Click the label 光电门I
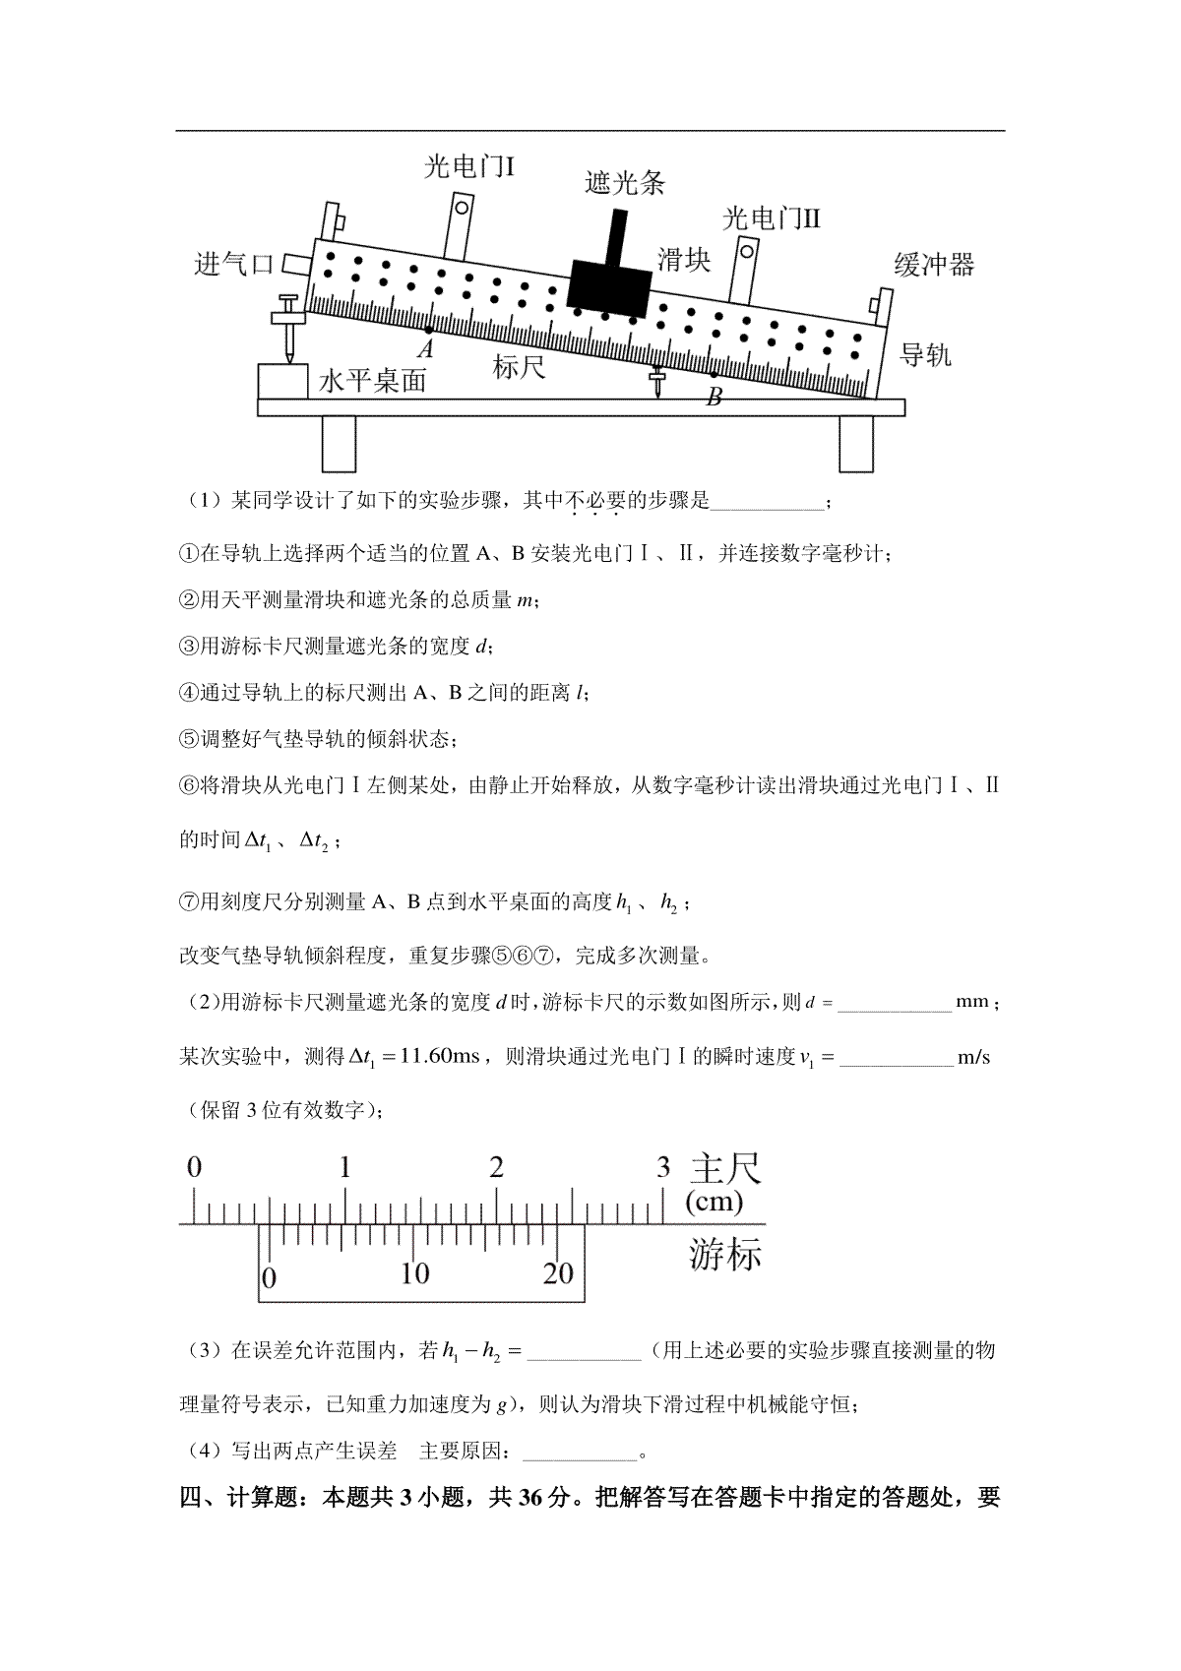click(x=469, y=166)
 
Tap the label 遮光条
click(x=624, y=183)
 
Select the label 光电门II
click(x=772, y=218)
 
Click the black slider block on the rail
click(x=609, y=286)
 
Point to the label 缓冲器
click(x=934, y=265)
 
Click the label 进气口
click(x=233, y=264)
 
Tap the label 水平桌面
click(x=372, y=381)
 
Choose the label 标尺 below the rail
click(x=519, y=366)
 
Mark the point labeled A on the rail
click(x=428, y=330)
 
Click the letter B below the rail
click(x=714, y=397)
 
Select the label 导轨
click(x=925, y=354)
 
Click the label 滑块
click(x=684, y=260)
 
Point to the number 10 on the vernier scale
click(x=414, y=1273)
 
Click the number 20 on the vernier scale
click(x=558, y=1273)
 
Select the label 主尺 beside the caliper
click(x=725, y=1168)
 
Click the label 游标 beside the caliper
click(x=725, y=1254)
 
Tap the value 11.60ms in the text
click(x=439, y=1056)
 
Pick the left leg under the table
click(x=339, y=444)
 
